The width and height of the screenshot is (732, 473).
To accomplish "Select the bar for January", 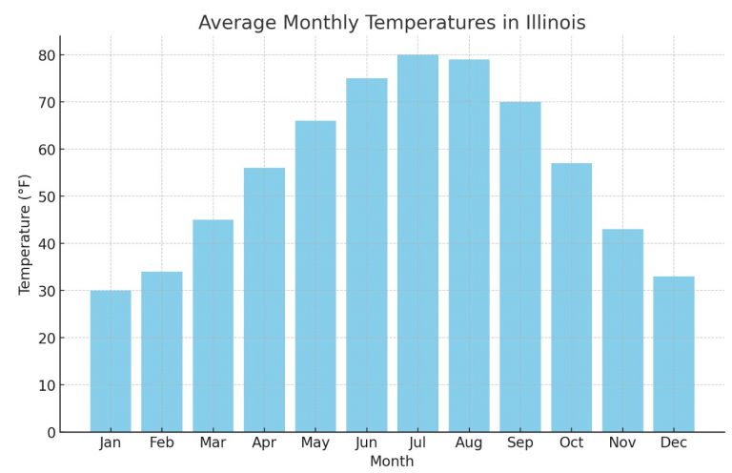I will click(111, 361).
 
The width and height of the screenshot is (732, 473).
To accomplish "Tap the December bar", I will click(674, 354).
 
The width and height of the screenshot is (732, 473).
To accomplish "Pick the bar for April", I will click(264, 299).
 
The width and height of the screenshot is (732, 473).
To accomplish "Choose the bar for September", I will click(520, 267).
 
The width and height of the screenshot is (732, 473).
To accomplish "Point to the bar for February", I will click(162, 352).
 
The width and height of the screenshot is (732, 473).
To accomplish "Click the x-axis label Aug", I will click(469, 443).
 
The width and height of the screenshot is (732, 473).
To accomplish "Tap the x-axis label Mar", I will click(213, 443).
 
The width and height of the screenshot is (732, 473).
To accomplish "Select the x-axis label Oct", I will click(571, 443).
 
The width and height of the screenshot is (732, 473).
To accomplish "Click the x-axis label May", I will click(315, 443).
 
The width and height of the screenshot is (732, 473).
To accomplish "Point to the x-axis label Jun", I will click(366, 443).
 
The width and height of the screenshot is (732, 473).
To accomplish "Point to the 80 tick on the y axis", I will click(47, 55).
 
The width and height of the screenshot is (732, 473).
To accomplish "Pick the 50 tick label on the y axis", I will click(47, 196).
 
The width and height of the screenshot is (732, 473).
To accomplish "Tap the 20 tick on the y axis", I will click(47, 339).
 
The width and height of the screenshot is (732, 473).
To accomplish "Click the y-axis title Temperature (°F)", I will click(25, 234).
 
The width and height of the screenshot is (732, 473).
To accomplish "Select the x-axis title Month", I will click(392, 462).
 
